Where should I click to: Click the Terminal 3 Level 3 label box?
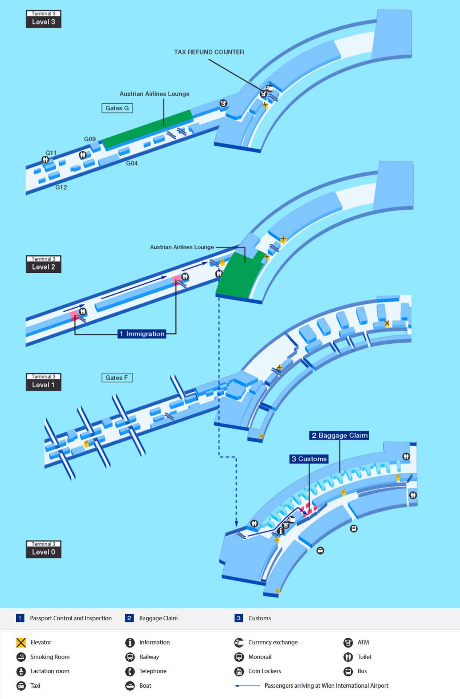(x=43, y=19)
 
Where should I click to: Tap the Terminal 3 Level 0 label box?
(x=43, y=549)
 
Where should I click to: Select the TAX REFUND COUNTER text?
(x=209, y=52)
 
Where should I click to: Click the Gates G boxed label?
(x=117, y=108)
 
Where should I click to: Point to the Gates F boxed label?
(x=117, y=378)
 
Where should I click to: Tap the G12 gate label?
(x=61, y=187)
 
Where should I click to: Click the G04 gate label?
(x=132, y=163)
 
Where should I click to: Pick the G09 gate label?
(x=90, y=139)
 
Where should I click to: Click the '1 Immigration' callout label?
(x=142, y=334)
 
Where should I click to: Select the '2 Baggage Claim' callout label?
(x=339, y=435)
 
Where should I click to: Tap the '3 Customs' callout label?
(x=309, y=459)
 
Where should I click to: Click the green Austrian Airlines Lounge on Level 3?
(x=148, y=129)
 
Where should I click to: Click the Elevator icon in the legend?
(x=21, y=643)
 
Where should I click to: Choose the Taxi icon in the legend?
(x=21, y=686)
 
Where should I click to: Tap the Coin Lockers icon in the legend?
(x=239, y=671)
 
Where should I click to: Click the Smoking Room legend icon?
(x=21, y=657)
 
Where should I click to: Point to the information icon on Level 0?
(x=280, y=531)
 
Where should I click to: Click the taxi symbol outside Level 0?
(x=320, y=550)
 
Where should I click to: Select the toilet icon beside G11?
(x=45, y=159)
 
